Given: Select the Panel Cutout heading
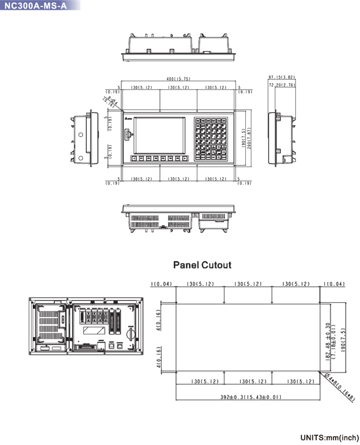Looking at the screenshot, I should [x=202, y=265].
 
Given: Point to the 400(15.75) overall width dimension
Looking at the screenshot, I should [x=179, y=79].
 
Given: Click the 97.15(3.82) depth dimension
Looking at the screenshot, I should [x=281, y=77].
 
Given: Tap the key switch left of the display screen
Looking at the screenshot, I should [x=127, y=134].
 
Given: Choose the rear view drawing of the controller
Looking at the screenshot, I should [x=86, y=325].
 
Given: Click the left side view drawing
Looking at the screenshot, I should [x=83, y=138].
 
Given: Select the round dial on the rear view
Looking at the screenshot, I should [x=128, y=333].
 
